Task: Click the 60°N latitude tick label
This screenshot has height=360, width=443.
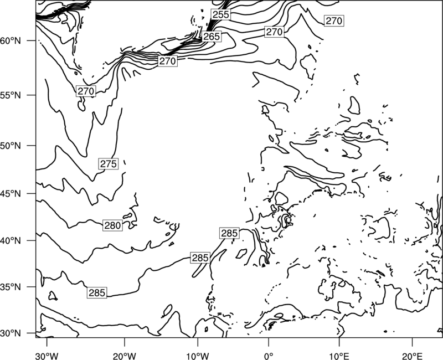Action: pos(11,41)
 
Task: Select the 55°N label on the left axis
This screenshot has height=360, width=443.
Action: pos(11,95)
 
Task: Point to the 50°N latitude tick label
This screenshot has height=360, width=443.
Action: pos(11,146)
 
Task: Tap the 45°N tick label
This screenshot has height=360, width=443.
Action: pos(11,193)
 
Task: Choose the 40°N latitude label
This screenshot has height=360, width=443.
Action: pos(11,241)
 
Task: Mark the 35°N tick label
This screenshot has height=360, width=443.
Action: pos(11,287)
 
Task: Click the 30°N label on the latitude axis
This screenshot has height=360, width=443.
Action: pos(11,333)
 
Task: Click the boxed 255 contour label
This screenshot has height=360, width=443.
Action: pos(220,14)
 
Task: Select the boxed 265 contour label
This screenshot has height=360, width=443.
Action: pos(212,37)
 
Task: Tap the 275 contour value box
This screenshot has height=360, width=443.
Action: pos(109,164)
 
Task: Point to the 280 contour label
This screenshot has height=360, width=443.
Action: pos(113,225)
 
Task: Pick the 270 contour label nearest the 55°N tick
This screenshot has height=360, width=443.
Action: pos(86,91)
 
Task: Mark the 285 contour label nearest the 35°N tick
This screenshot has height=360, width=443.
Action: pos(97,293)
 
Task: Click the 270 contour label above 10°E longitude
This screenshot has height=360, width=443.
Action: pos(334,21)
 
